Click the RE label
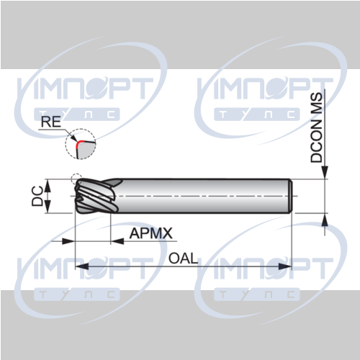click(x=51, y=122)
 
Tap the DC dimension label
click(x=37, y=196)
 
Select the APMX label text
click(x=151, y=233)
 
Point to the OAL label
click(x=183, y=258)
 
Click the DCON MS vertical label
click(x=316, y=127)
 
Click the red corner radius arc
click(x=78, y=145)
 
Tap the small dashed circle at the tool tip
click(x=76, y=179)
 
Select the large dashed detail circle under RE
click(x=81, y=144)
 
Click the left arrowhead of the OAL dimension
click(x=81, y=266)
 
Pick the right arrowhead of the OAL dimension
click(x=285, y=266)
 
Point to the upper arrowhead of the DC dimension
click(x=48, y=185)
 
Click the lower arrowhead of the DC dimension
click(x=48, y=207)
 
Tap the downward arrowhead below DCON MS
click(x=325, y=173)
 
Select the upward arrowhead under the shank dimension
click(x=325, y=220)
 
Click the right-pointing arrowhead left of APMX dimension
click(x=68, y=241)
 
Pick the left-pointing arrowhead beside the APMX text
click(x=117, y=241)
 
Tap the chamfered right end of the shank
click(x=290, y=196)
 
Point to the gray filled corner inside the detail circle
click(x=86, y=150)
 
